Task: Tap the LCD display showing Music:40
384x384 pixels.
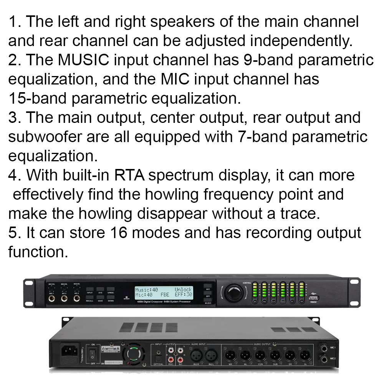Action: [163, 292]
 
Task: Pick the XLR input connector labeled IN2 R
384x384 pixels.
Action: [195, 353]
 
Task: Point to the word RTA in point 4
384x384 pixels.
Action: [130, 175]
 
